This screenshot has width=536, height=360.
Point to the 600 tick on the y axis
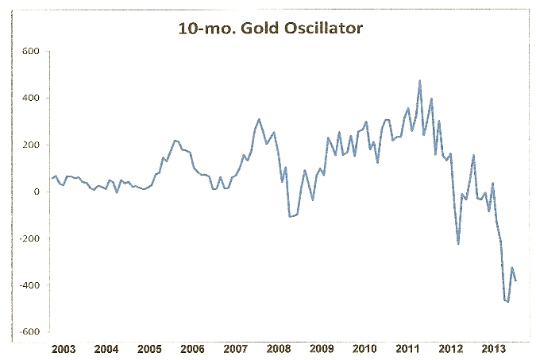(x=31, y=52)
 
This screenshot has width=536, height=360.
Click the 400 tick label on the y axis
(x=31, y=99)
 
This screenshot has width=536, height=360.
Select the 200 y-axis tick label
(x=31, y=145)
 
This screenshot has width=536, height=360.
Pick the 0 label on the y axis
(x=37, y=192)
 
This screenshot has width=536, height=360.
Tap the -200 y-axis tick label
(x=29, y=238)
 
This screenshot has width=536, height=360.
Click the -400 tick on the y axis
(x=29, y=285)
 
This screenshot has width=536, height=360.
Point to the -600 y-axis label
(x=29, y=332)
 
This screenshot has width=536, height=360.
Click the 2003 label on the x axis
(x=63, y=349)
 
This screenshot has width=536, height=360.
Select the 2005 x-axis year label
(x=148, y=349)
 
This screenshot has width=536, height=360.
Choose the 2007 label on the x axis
(x=235, y=349)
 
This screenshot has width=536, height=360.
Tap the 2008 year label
(x=278, y=349)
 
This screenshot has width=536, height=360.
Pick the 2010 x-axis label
(x=364, y=349)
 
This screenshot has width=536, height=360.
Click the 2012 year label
(x=451, y=349)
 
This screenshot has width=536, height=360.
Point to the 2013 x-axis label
(x=494, y=349)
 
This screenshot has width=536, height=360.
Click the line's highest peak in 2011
(x=419, y=81)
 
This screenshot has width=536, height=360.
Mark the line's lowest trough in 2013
(x=508, y=302)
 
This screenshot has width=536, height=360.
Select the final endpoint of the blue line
(x=516, y=281)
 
